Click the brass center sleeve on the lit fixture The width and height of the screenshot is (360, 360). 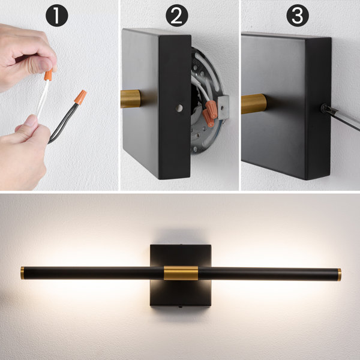pos(180,273)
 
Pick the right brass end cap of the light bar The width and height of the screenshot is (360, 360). pos(339,274)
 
